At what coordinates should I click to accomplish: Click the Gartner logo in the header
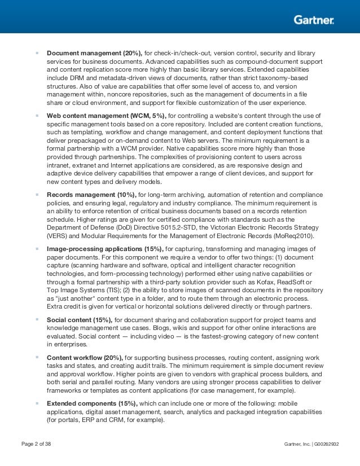314,20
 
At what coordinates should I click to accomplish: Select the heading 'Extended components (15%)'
92,403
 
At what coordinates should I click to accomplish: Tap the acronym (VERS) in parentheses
56,236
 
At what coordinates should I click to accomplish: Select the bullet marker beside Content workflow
37,357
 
